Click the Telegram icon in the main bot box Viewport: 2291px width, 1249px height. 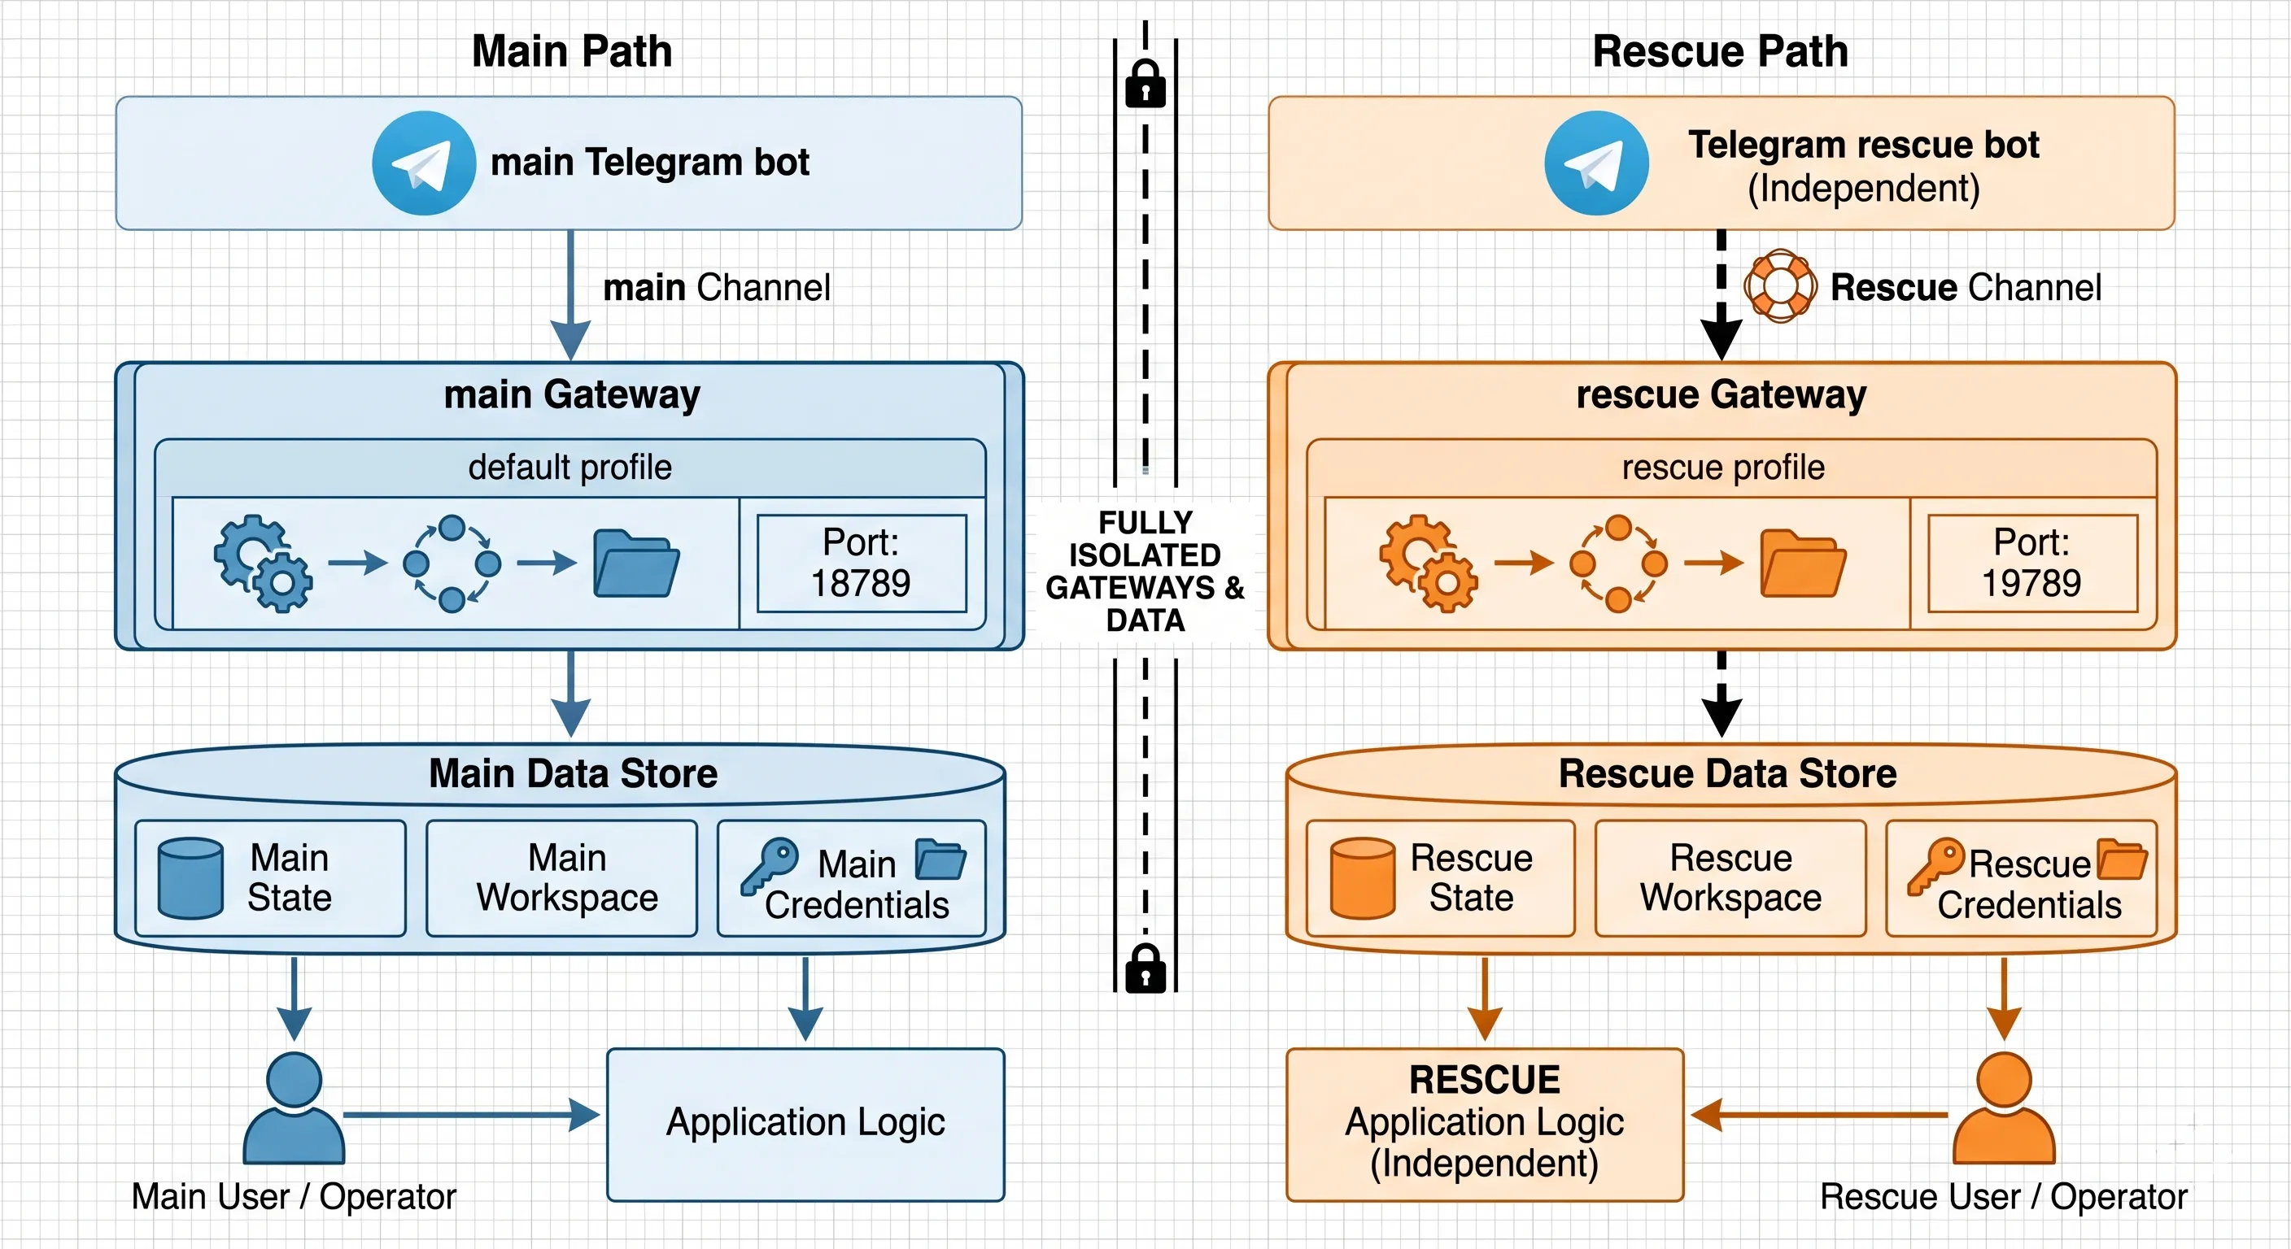[x=423, y=163]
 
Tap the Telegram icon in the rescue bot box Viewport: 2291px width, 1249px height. [x=1596, y=163]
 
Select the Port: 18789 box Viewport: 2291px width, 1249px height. [x=861, y=563]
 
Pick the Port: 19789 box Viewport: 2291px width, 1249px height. [x=2032, y=563]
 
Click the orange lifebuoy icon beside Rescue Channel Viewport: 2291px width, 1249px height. [x=1781, y=285]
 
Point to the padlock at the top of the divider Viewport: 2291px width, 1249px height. [x=1145, y=84]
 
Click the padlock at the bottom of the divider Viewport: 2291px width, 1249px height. [x=1145, y=968]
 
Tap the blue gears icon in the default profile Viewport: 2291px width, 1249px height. [x=264, y=563]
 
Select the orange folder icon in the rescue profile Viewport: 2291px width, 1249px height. [x=1804, y=563]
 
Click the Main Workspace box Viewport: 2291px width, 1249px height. [x=561, y=878]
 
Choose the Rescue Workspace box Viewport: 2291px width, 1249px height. [x=1730, y=878]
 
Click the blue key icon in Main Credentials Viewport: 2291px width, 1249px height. [x=770, y=865]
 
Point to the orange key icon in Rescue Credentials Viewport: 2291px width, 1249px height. [x=1935, y=865]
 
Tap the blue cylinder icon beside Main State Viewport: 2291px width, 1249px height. [x=190, y=877]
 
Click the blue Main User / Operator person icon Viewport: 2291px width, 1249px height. [x=294, y=1108]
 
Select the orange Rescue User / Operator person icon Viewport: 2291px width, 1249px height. [x=2004, y=1108]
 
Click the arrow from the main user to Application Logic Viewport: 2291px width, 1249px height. [x=471, y=1114]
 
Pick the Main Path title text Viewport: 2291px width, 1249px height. [x=572, y=50]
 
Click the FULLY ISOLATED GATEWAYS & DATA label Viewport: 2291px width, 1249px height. [x=1145, y=571]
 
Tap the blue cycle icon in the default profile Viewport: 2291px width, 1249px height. [x=452, y=564]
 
